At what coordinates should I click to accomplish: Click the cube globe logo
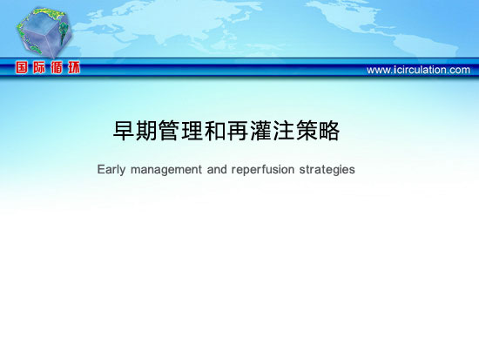pos(44,33)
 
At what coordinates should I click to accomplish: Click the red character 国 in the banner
pos(22,68)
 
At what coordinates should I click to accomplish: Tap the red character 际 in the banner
pos(39,68)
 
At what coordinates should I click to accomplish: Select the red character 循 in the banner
pos(57,68)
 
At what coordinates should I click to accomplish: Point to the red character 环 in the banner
pos(74,68)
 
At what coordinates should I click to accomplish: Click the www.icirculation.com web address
pos(418,70)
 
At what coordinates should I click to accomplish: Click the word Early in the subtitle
pos(111,170)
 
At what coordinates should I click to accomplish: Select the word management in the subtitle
pos(166,170)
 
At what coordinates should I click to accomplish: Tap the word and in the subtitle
pos(217,169)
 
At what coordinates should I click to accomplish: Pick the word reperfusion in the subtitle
pos(263,170)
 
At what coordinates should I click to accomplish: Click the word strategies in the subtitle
pos(327,170)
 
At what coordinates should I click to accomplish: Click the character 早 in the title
pos(124,131)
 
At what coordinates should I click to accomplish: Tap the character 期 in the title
pos(146,131)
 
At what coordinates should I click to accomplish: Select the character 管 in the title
pos(169,131)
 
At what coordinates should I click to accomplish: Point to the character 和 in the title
pos(215,131)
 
